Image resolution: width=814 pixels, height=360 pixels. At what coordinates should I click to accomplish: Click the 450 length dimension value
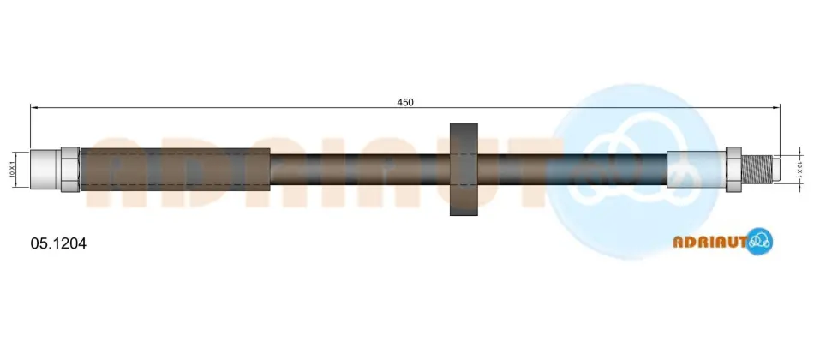click(x=405, y=102)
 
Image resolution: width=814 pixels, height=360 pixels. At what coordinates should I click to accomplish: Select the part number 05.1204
click(x=58, y=243)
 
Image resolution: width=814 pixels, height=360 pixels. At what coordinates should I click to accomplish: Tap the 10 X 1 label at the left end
click(x=12, y=170)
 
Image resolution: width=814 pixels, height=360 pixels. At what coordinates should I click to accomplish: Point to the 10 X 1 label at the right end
click(x=799, y=170)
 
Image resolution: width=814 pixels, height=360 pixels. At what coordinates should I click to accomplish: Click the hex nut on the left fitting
click(x=70, y=170)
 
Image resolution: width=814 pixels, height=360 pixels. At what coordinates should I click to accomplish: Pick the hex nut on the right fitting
click(x=733, y=170)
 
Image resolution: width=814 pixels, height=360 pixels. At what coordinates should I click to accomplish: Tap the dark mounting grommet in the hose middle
click(x=464, y=170)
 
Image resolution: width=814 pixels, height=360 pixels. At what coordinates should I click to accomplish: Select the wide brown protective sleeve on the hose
click(x=176, y=170)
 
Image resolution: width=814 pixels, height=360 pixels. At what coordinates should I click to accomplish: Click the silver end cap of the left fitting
click(x=45, y=170)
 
